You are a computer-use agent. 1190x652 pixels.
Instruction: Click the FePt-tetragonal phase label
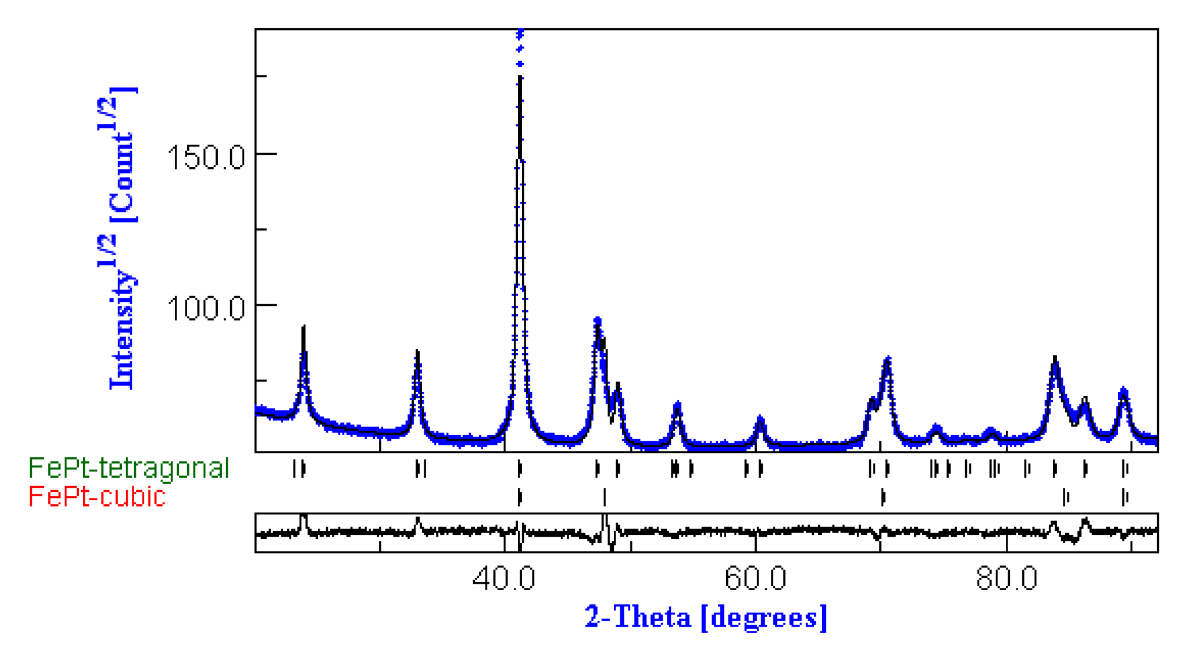point(128,468)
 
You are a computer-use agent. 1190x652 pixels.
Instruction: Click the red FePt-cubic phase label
point(97,497)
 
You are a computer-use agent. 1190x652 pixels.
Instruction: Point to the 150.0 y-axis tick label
point(205,157)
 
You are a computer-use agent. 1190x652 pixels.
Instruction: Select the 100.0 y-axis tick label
point(205,308)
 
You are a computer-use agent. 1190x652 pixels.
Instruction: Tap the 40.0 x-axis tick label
point(504,578)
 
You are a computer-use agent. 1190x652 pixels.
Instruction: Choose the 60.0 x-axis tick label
point(755,578)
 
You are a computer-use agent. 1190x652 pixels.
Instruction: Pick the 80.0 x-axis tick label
point(1006,578)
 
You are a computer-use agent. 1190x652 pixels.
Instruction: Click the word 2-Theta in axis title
point(638,617)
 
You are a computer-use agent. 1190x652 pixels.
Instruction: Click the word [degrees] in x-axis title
point(764,617)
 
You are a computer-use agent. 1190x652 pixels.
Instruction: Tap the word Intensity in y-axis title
point(122,330)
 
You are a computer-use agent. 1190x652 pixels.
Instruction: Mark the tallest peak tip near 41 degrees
point(520,32)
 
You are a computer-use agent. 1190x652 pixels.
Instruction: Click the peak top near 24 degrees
point(304,327)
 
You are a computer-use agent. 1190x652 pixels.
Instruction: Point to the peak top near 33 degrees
point(417,352)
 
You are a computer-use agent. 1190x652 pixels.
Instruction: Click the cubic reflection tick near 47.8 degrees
point(604,497)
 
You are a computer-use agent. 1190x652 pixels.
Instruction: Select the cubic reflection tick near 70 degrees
point(883,497)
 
